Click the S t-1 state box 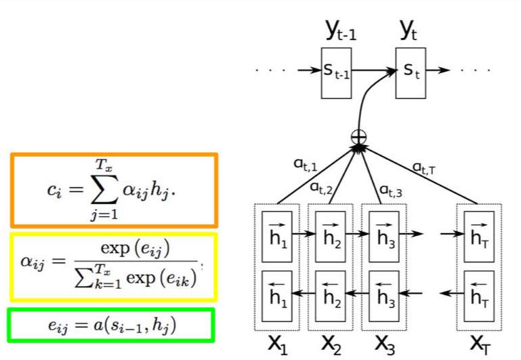(337, 73)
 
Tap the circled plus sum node (358, 136)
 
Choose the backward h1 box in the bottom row (278, 296)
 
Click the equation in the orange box (113, 190)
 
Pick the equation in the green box (112, 325)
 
